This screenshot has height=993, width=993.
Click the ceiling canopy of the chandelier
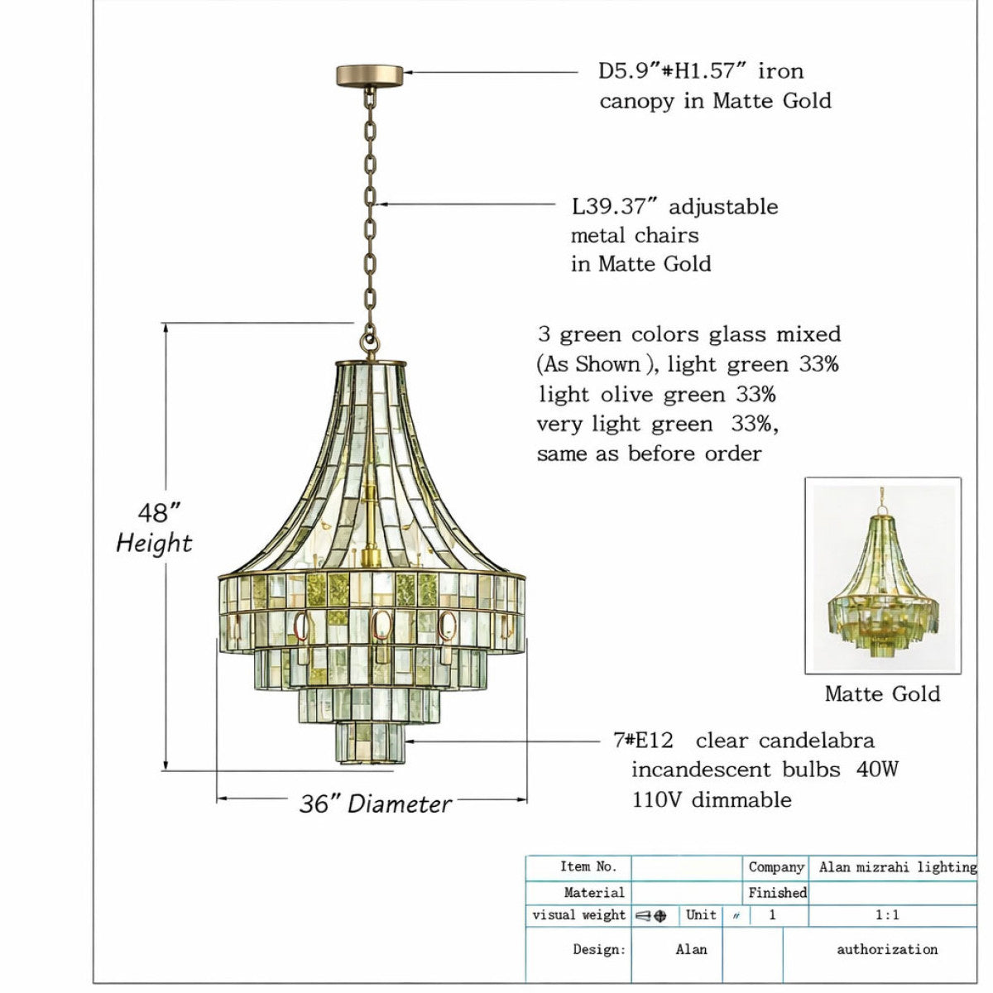[x=369, y=76]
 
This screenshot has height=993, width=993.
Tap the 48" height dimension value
[x=159, y=512]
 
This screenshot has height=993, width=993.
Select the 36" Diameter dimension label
[x=375, y=804]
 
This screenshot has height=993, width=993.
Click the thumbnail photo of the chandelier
[x=883, y=576]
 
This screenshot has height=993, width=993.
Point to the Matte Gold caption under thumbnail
[x=882, y=693]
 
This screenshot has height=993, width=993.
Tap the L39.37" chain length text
[x=616, y=207]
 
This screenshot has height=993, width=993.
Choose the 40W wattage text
[x=877, y=770]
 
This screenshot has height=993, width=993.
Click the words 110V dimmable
[x=712, y=799]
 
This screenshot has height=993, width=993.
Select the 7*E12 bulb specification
[x=644, y=741]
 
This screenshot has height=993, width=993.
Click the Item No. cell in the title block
[x=588, y=866]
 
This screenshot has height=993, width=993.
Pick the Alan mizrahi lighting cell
[x=898, y=867]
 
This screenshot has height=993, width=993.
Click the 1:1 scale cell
[x=887, y=914]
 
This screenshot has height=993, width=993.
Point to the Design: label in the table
[x=599, y=949]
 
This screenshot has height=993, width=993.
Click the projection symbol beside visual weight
[x=651, y=916]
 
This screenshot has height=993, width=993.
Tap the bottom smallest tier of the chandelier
[x=371, y=743]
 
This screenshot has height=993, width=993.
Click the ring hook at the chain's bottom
[x=369, y=342]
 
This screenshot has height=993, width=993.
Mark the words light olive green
[x=632, y=395]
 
